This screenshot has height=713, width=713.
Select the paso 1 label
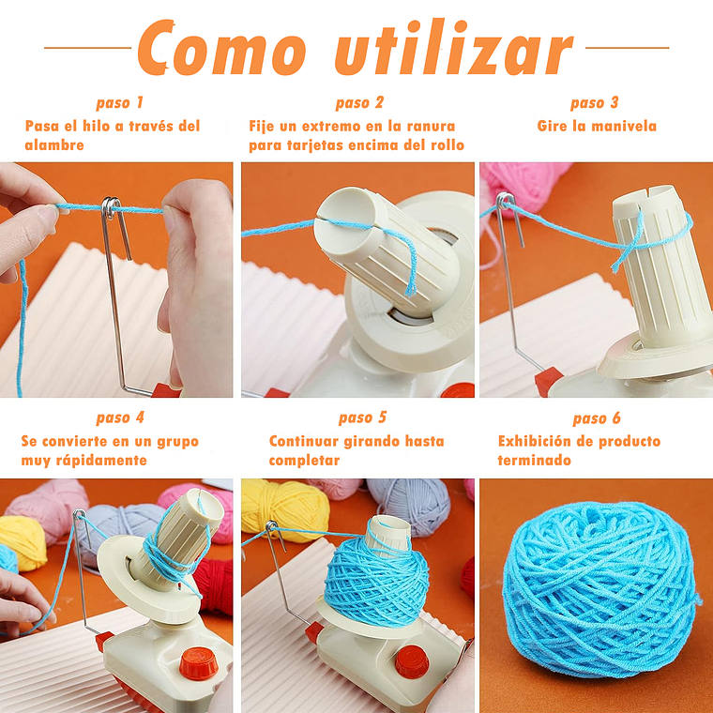tap(119, 103)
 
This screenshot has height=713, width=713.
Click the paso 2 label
tap(359, 103)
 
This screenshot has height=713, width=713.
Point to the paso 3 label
tap(594, 103)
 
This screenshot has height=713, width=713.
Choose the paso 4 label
tap(120, 418)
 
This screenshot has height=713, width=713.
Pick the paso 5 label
tap(362, 418)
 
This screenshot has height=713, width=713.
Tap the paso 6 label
tap(596, 418)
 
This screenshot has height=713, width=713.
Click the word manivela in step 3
tap(624, 126)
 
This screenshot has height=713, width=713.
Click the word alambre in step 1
tap(54, 145)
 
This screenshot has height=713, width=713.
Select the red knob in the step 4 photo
tap(198, 663)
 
